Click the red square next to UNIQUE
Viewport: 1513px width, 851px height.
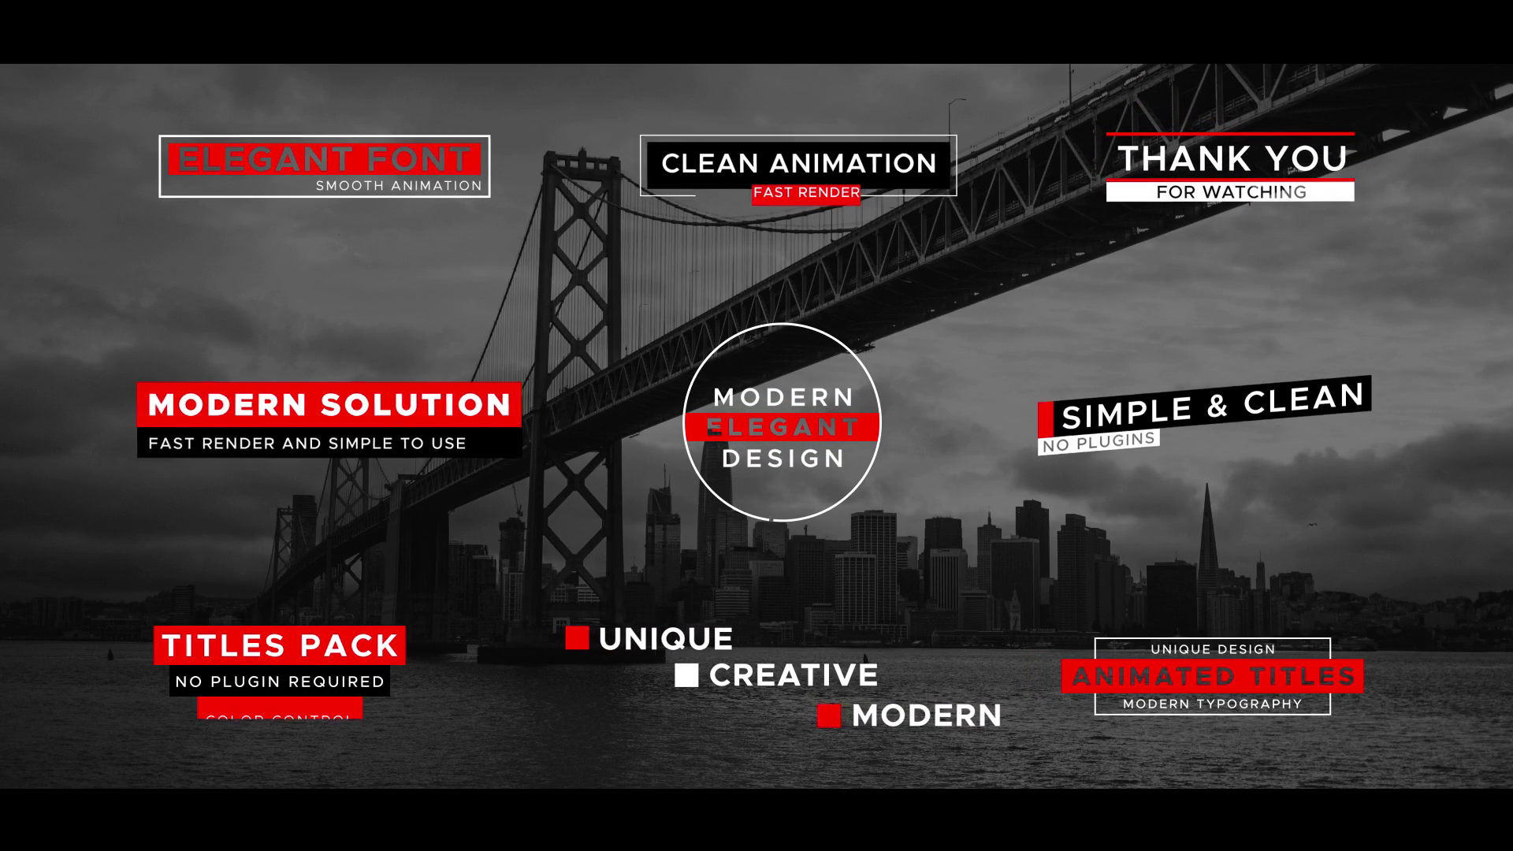(577, 638)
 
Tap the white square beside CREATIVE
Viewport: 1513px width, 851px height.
(686, 675)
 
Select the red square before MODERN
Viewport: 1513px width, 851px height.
(828, 715)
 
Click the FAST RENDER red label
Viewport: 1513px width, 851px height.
(805, 193)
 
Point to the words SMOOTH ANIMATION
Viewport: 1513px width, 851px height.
(398, 186)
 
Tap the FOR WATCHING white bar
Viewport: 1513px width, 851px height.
(1230, 192)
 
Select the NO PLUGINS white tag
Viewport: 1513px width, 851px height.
(1099, 442)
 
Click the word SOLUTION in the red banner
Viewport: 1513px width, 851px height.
(417, 405)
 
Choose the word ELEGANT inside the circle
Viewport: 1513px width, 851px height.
(782, 427)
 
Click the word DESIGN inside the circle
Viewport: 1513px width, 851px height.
(783, 459)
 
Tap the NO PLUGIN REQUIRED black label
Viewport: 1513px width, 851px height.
(280, 682)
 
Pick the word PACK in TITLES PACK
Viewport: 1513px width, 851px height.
(349, 646)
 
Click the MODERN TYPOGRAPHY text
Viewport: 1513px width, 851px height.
(1212, 704)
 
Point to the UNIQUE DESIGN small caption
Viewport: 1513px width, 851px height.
(1212, 649)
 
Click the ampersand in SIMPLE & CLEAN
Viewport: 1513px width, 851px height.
(1217, 407)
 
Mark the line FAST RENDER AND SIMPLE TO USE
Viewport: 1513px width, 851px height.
(307, 444)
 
